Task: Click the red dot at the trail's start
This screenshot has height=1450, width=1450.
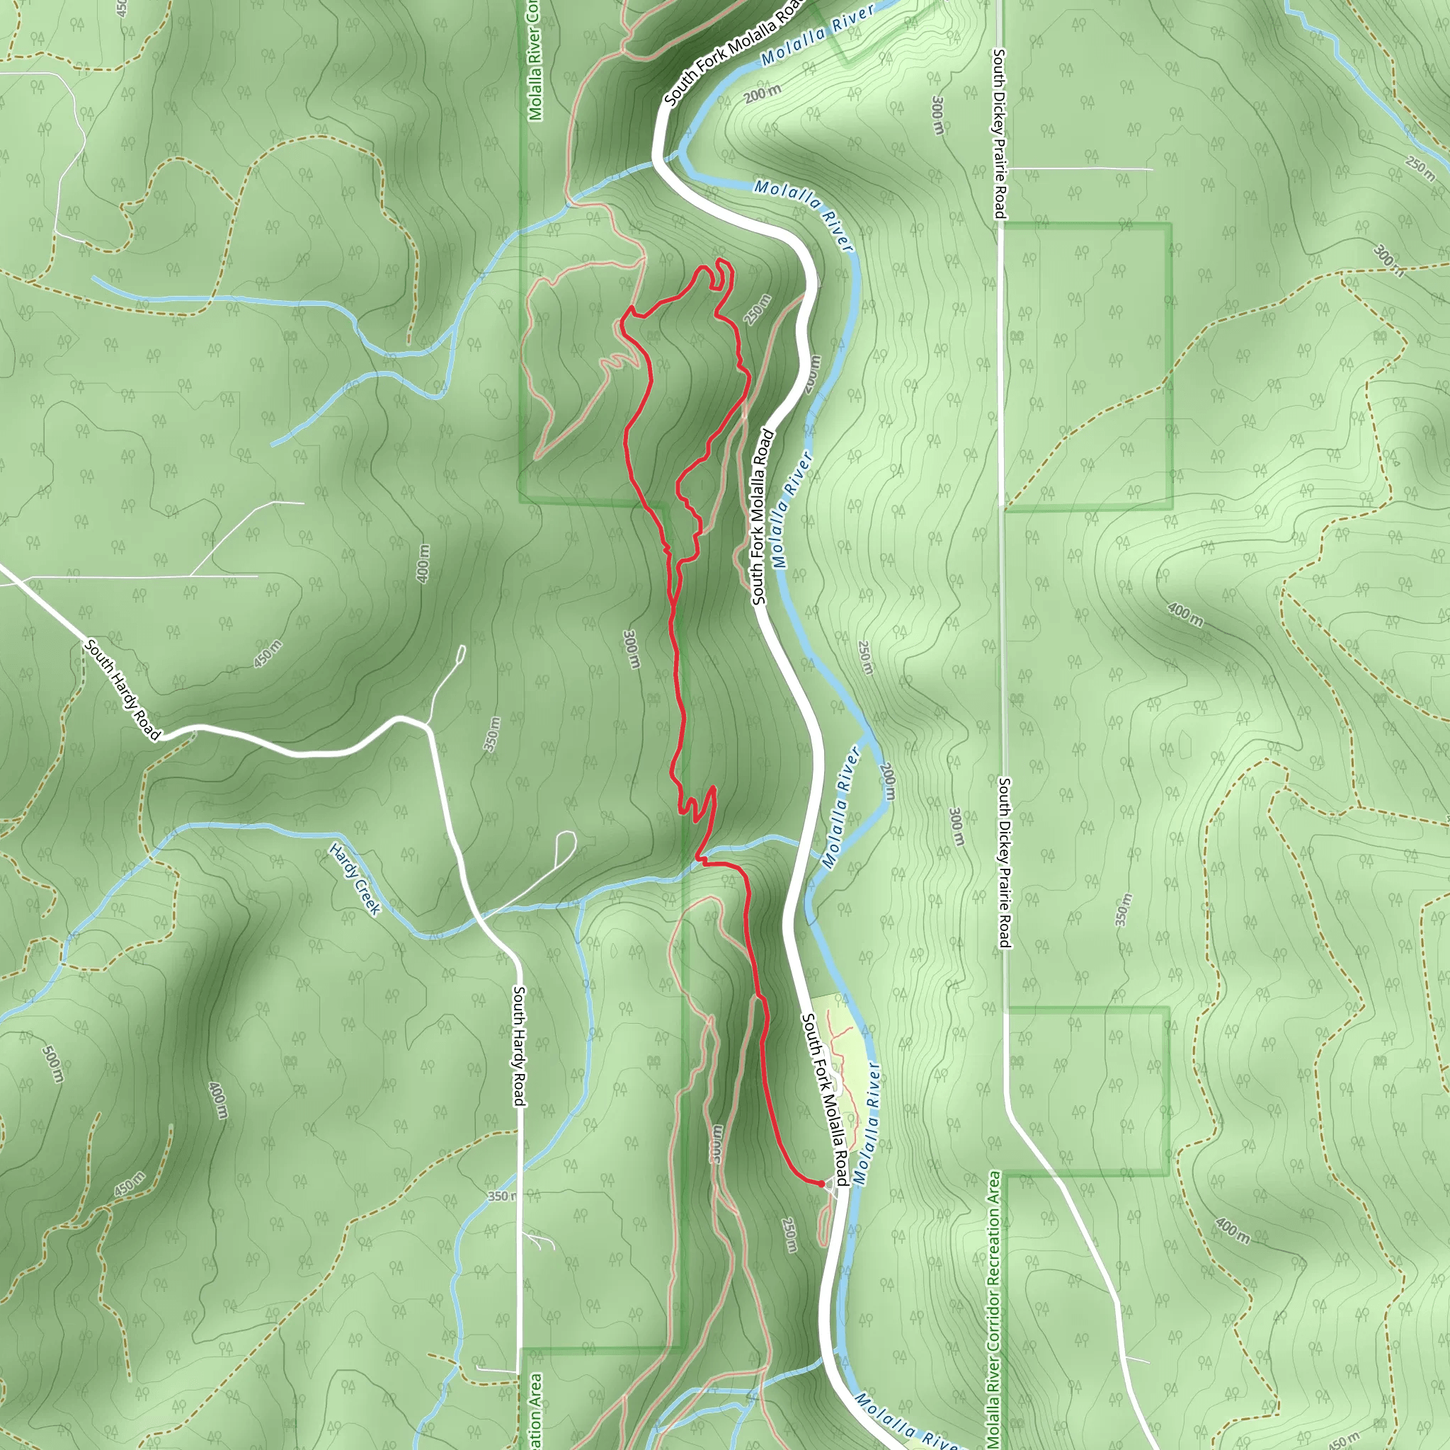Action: click(821, 1184)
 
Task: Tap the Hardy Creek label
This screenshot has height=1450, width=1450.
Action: click(355, 879)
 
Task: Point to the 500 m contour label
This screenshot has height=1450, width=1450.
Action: click(52, 1064)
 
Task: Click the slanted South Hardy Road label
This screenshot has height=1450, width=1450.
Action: click(122, 689)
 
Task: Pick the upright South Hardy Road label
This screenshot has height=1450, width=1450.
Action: click(518, 1046)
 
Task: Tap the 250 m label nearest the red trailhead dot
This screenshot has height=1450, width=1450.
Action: click(789, 1235)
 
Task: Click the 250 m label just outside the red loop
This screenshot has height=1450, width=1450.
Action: click(758, 310)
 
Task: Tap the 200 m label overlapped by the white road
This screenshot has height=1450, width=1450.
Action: click(811, 373)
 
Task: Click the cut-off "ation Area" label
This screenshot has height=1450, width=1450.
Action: click(535, 1411)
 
